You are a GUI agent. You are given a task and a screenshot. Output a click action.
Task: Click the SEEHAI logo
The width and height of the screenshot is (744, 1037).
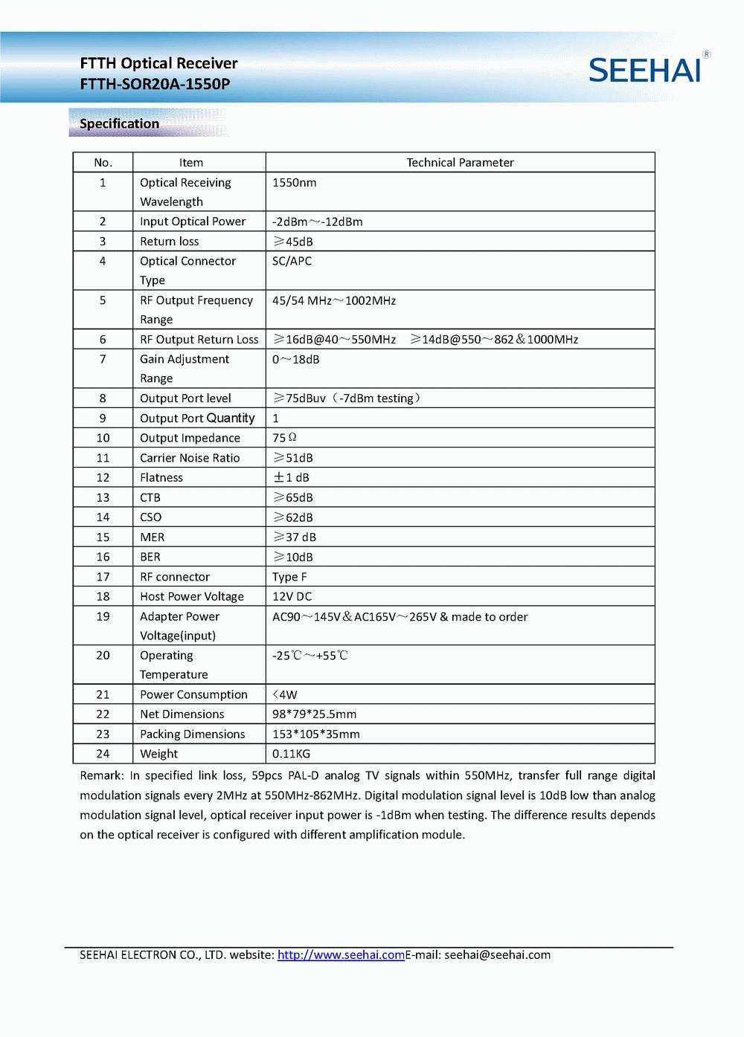tap(645, 70)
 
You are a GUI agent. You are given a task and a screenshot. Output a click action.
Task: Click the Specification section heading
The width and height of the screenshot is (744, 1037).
tap(119, 123)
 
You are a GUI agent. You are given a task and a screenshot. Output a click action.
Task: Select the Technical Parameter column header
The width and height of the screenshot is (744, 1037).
tap(460, 162)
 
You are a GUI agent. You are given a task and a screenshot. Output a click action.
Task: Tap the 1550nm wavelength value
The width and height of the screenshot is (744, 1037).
tap(295, 183)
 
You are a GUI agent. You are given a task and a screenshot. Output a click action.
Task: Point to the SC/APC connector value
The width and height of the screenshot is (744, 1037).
tap(292, 261)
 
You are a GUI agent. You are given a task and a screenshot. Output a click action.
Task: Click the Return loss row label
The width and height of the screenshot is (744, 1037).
tap(170, 242)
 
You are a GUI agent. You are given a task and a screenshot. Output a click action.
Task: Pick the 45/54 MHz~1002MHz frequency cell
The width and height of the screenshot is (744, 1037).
tap(334, 300)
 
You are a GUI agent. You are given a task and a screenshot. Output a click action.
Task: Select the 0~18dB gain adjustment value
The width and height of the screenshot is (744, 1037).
tap(296, 360)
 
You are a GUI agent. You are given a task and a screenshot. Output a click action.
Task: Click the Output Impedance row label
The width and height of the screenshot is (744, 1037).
tap(190, 439)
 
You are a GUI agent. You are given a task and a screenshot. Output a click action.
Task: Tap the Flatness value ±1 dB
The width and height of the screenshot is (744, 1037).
tap(292, 478)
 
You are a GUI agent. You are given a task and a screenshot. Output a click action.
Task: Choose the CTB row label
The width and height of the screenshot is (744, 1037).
tap(150, 498)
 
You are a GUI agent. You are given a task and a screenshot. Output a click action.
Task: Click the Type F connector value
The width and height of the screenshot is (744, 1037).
tap(289, 577)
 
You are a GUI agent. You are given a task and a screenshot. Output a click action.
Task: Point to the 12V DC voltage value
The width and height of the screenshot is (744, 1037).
tap(292, 597)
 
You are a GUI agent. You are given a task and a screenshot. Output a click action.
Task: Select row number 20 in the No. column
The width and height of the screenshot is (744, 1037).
tap(103, 656)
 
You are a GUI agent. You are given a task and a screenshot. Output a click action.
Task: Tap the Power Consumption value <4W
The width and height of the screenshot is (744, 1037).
tap(285, 695)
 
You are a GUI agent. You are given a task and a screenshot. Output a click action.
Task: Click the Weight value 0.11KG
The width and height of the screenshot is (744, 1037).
tap(292, 754)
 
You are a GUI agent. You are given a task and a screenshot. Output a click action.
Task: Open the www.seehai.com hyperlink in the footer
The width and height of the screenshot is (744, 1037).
tap(341, 955)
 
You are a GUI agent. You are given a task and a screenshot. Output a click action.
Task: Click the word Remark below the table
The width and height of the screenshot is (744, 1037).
tap(101, 776)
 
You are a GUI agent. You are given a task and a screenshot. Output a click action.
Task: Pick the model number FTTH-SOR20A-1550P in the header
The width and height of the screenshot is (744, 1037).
tap(155, 84)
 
